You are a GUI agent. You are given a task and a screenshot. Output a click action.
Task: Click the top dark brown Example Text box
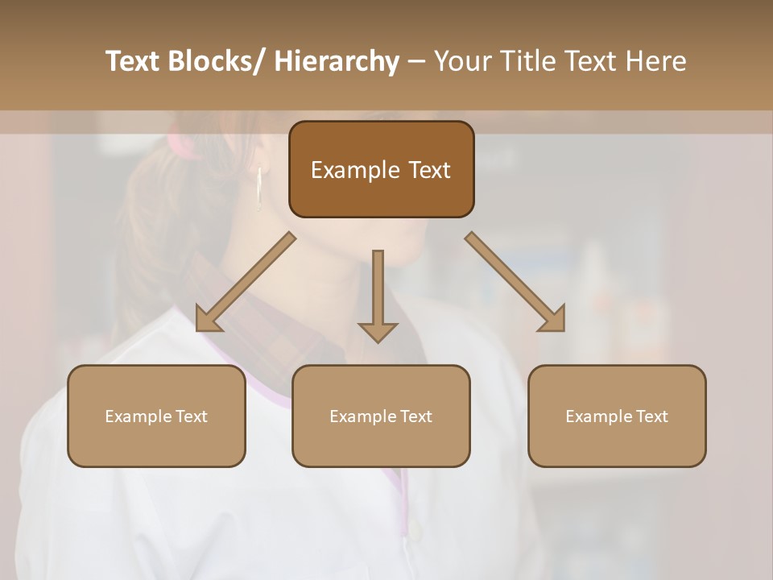381,169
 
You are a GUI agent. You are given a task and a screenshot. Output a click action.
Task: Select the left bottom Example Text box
156,416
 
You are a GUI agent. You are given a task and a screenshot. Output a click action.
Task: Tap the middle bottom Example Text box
381,416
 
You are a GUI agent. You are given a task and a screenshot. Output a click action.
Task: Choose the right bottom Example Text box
617,416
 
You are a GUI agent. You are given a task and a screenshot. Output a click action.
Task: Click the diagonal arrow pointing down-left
246,282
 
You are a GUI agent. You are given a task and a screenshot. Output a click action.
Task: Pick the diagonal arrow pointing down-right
515,282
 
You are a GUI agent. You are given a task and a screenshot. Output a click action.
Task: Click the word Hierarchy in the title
336,61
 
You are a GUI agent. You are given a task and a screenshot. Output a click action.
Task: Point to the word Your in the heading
461,61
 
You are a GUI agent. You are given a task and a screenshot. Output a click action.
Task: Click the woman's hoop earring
259,189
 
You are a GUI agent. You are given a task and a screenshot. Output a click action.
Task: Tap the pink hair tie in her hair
181,145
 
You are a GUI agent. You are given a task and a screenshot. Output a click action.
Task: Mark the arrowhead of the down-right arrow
553,320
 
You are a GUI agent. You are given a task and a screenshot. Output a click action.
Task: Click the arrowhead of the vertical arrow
378,332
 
